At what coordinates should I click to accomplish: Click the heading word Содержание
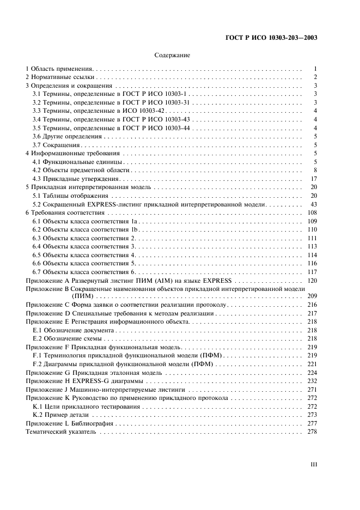(x=172, y=55)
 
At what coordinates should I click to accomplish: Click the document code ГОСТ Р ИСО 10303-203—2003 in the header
(x=271, y=38)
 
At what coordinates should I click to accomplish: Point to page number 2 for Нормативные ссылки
(x=315, y=78)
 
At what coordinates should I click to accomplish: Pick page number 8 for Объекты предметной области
(x=315, y=170)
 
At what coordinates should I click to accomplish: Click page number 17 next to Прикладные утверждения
(x=314, y=179)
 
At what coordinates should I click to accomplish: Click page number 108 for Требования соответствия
(x=312, y=212)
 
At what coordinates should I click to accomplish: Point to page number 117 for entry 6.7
(x=312, y=271)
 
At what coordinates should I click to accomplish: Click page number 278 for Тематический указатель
(x=312, y=432)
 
